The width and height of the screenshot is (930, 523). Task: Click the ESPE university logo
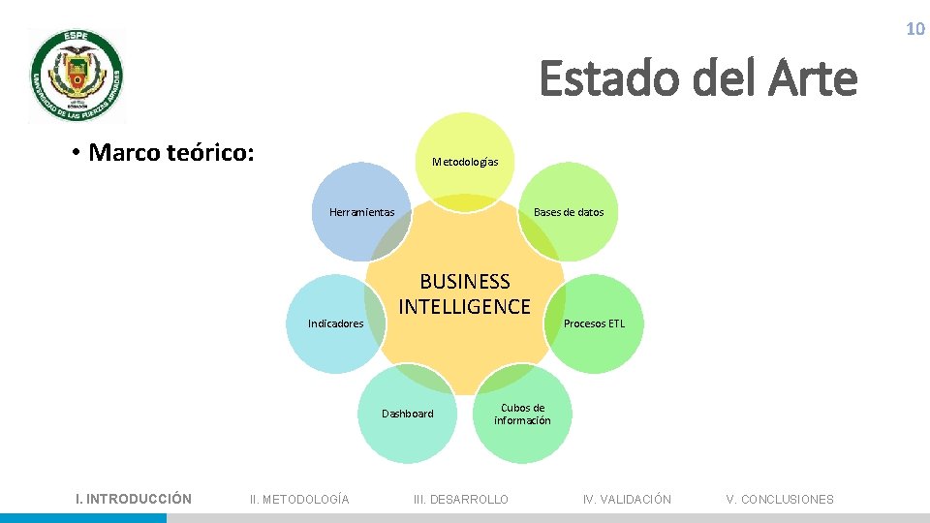[77, 75]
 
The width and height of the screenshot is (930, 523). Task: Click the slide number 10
[914, 29]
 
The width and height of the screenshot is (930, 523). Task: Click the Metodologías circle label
[465, 162]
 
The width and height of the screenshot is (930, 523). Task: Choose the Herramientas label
[361, 212]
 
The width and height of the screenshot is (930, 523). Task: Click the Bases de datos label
[569, 212]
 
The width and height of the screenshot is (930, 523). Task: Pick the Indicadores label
[335, 323]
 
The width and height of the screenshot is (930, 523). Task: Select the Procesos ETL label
[595, 323]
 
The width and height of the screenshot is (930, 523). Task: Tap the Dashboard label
[407, 414]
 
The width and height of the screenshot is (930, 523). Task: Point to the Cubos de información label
[522, 414]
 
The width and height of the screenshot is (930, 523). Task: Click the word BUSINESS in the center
[465, 282]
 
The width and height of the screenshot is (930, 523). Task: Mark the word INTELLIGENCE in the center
[465, 307]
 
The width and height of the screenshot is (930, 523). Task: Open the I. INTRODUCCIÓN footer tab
[134, 499]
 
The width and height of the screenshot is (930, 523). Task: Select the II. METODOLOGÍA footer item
[299, 500]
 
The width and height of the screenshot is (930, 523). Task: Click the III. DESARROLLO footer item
[460, 500]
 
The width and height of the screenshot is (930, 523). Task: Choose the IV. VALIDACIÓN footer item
[627, 500]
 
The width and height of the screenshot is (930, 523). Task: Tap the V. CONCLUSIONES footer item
[780, 500]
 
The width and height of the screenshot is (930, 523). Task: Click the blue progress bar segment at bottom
[83, 518]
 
